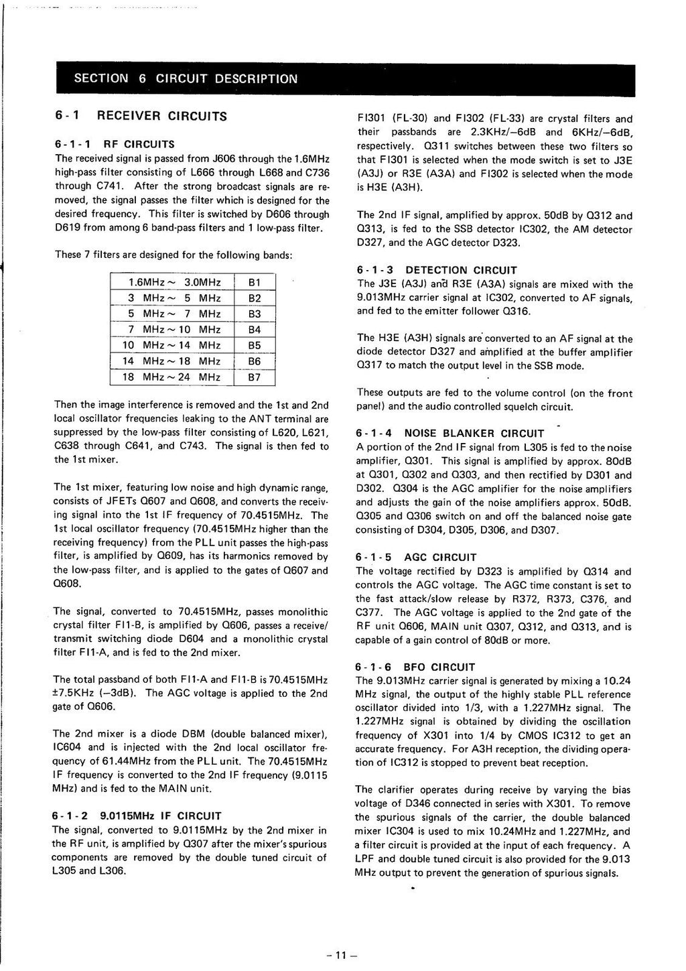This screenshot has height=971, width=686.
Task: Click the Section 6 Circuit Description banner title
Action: [x=186, y=78]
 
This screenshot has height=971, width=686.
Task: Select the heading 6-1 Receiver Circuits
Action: [x=141, y=116]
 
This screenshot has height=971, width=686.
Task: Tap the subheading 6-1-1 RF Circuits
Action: [x=115, y=144]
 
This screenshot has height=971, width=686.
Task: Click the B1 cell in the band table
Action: [x=255, y=282]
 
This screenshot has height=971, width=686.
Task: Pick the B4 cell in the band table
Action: [x=255, y=330]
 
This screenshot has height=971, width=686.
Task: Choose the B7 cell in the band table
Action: [x=255, y=377]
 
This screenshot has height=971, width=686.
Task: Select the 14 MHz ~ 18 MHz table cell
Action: [x=172, y=361]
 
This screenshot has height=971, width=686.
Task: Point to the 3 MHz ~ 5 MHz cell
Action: [x=172, y=298]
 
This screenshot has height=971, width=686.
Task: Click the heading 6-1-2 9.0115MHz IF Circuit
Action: [x=137, y=816]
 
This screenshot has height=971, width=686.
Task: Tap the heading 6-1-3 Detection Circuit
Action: [x=437, y=270]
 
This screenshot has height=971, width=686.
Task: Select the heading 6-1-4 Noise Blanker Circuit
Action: [x=450, y=434]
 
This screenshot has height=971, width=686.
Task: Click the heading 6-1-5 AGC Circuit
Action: [x=416, y=558]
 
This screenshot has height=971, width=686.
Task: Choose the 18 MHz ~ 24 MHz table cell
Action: [x=172, y=377]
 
